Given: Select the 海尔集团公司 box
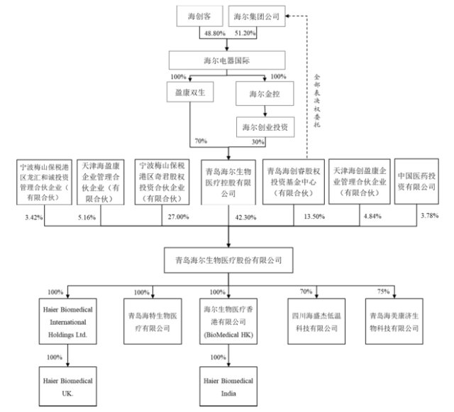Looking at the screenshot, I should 258,15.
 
